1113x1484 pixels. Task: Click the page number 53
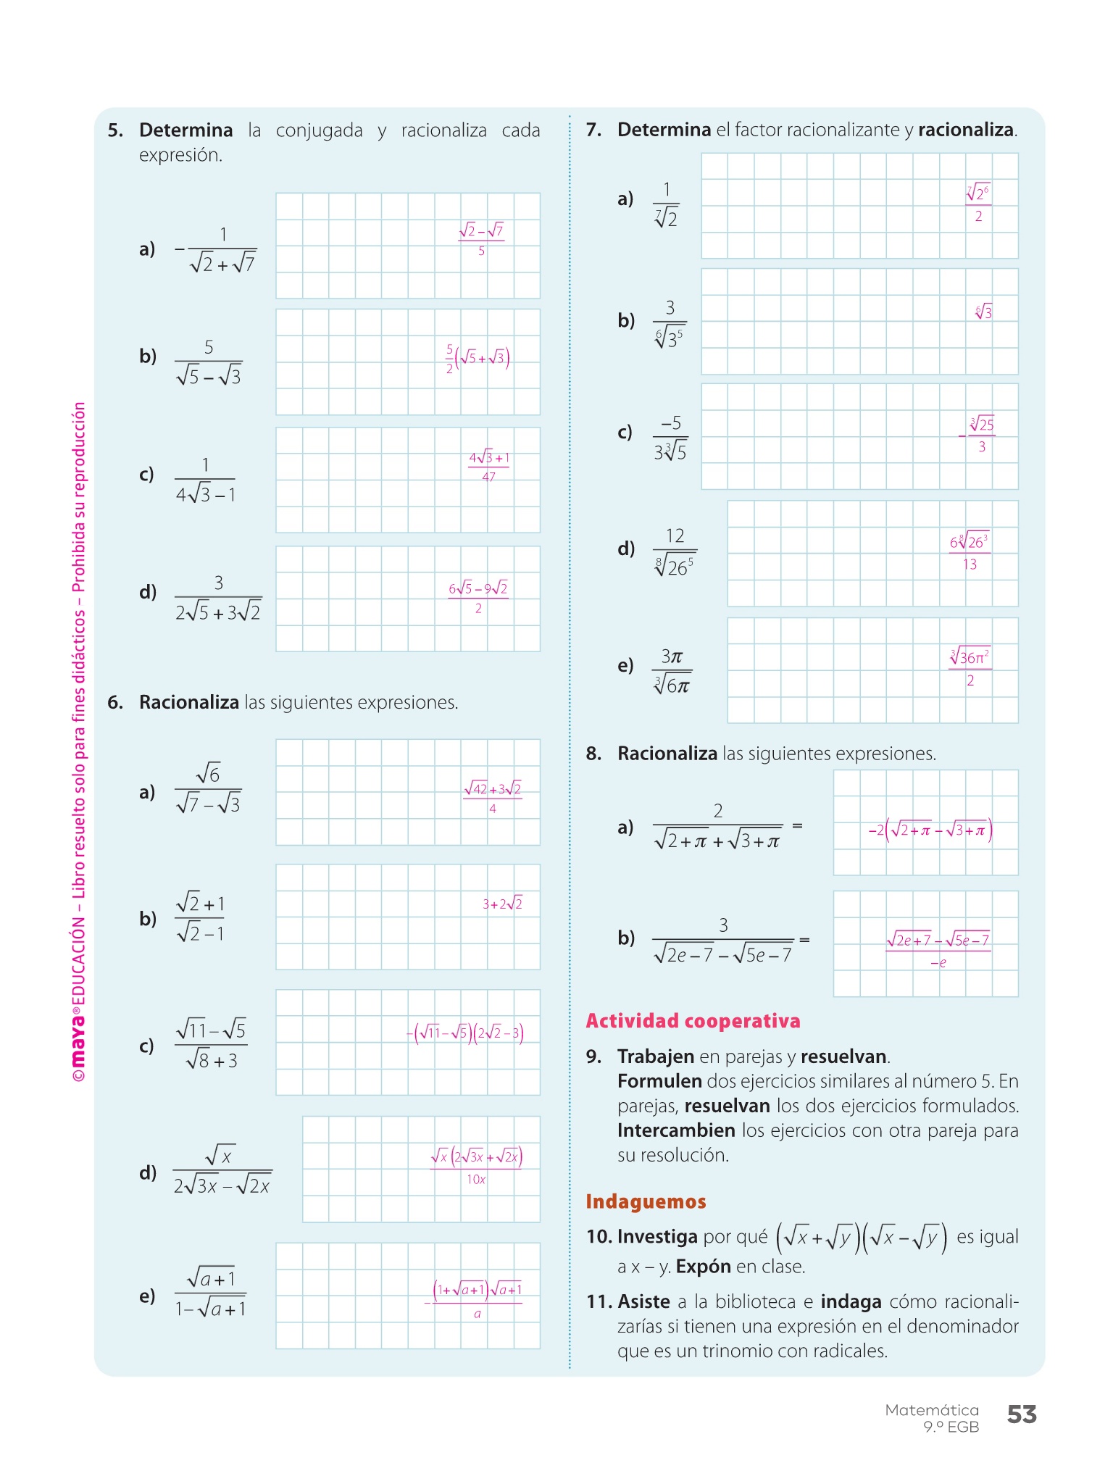pos(1022,1414)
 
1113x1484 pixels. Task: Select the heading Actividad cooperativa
pos(693,1021)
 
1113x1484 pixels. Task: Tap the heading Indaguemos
pos(646,1201)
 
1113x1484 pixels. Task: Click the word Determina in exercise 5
pos(185,130)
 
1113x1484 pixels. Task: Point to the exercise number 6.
pos(115,702)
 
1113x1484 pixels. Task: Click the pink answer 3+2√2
pos(502,904)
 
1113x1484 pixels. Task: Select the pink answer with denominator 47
pos(489,467)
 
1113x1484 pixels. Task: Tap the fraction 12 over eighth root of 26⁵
pos(675,552)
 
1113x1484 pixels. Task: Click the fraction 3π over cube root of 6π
pos(672,671)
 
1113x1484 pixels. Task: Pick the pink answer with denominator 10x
pos(476,1167)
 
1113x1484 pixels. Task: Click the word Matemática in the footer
pos(932,1410)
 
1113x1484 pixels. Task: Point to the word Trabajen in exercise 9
pos(656,1056)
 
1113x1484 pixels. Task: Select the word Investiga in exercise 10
pos(657,1236)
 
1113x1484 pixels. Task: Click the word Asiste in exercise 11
pos(643,1301)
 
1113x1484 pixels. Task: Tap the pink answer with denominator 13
pos(969,552)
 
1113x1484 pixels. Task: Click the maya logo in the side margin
pos(78,1043)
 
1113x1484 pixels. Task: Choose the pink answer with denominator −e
pos(938,950)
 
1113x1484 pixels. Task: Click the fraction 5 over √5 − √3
pos(209,362)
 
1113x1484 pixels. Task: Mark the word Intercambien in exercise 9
pos(676,1130)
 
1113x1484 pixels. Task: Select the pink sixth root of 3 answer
pos(983,312)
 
